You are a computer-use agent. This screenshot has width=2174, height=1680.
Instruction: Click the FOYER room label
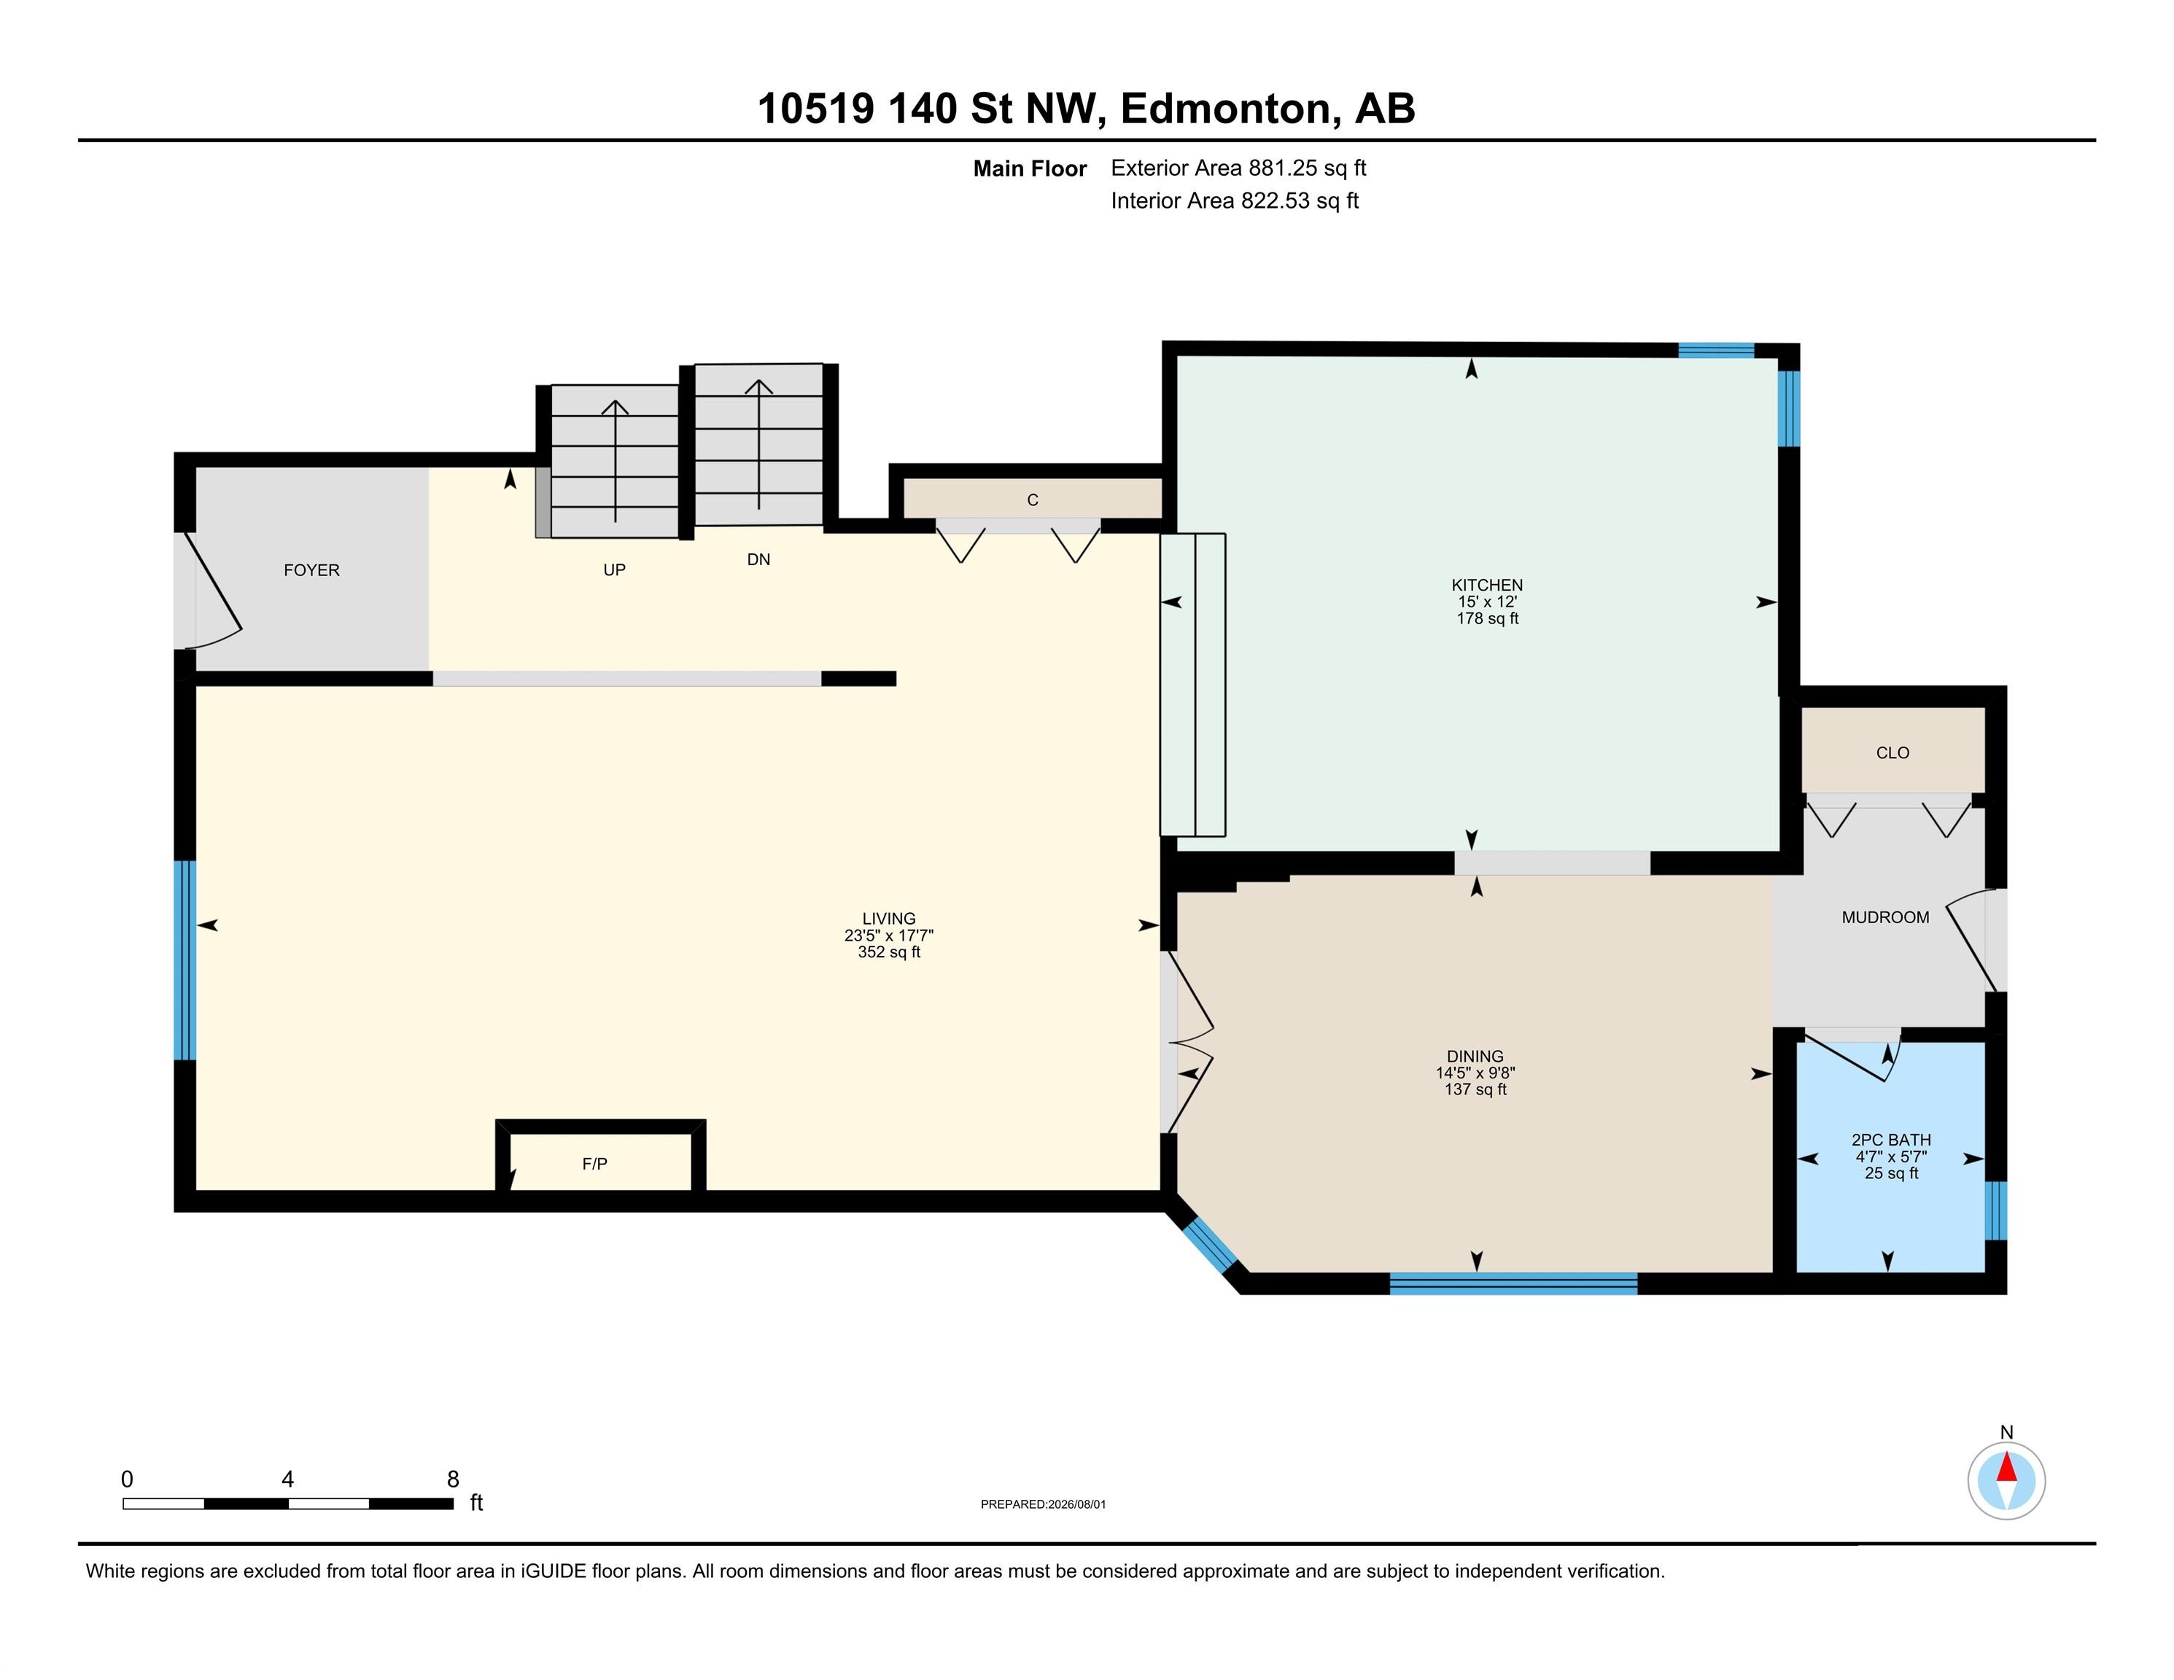click(311, 570)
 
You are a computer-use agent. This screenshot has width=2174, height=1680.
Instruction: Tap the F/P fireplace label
click(594, 1164)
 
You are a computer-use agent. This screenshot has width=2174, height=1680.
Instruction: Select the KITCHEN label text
click(1487, 586)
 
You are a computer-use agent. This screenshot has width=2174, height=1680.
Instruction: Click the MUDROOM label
click(1885, 917)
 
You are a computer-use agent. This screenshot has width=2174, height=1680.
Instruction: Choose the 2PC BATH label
click(1891, 1140)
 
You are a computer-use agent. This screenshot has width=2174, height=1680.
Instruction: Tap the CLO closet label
click(1892, 752)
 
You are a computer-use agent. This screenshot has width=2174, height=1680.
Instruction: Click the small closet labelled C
click(1032, 499)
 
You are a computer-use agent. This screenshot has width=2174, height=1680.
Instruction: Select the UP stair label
click(614, 570)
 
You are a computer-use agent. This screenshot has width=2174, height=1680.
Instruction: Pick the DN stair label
click(758, 559)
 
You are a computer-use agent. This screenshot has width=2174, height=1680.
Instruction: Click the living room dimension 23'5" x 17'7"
click(889, 936)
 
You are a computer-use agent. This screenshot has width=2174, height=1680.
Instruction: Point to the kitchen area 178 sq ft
click(1487, 618)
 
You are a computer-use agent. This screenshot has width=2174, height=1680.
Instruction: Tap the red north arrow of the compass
click(2007, 1467)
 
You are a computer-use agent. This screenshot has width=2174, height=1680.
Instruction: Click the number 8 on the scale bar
click(453, 1479)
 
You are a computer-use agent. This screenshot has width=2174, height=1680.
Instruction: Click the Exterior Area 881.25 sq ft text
click(1238, 168)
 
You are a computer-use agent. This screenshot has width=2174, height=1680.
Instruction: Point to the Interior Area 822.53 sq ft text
click(1235, 201)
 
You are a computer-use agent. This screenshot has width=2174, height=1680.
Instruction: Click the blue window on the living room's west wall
click(185, 960)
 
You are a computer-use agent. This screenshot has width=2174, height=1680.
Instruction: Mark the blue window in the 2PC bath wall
click(1996, 1210)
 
